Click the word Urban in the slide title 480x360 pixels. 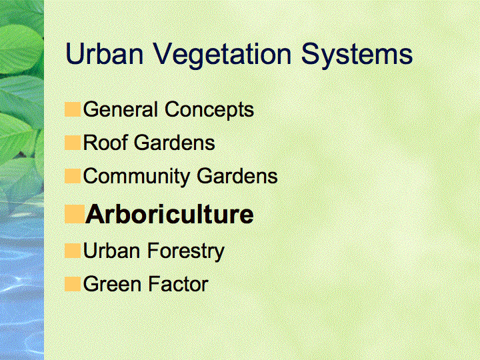coord(105,53)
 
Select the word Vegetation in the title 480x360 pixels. coord(222,56)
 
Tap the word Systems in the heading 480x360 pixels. coord(357,56)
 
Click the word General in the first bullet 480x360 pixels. coord(121,109)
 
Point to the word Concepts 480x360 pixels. coord(209,111)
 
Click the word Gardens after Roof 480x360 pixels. coord(175,143)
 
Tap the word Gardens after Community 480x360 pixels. coord(237,176)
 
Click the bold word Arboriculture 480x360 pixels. coord(169,214)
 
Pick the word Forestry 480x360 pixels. coord(186,252)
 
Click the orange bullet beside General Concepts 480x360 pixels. coord(73,109)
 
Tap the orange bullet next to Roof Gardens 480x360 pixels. coord(73,143)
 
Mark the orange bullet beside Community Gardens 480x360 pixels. coord(73,176)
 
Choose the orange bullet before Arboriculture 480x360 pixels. coord(75,214)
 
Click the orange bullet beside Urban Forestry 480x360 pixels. coord(73,251)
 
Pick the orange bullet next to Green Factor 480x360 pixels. coord(73,284)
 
